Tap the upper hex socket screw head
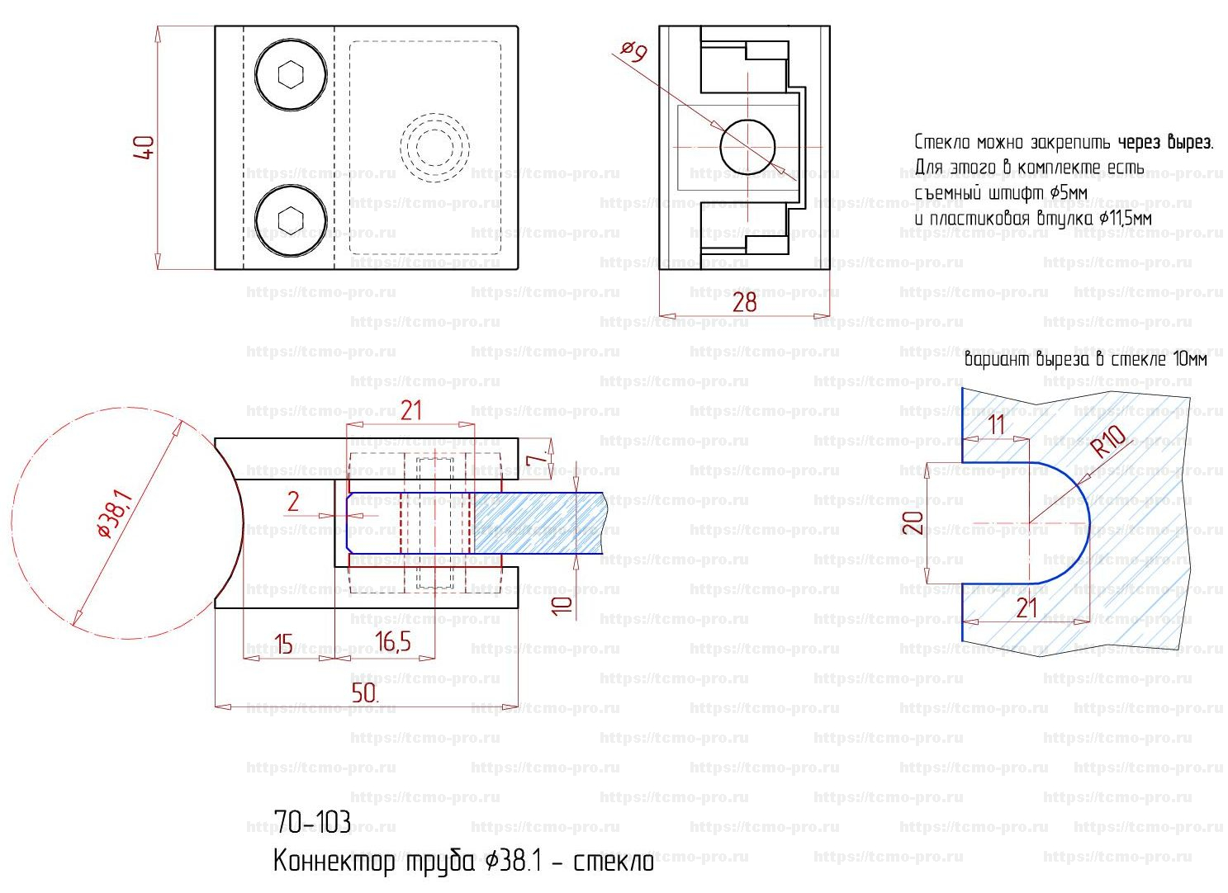291,74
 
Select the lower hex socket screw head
291,220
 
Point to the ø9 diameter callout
634,53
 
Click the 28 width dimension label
744,302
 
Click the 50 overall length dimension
365,693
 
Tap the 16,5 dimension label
392,641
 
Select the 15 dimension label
283,645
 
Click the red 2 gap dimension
293,502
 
